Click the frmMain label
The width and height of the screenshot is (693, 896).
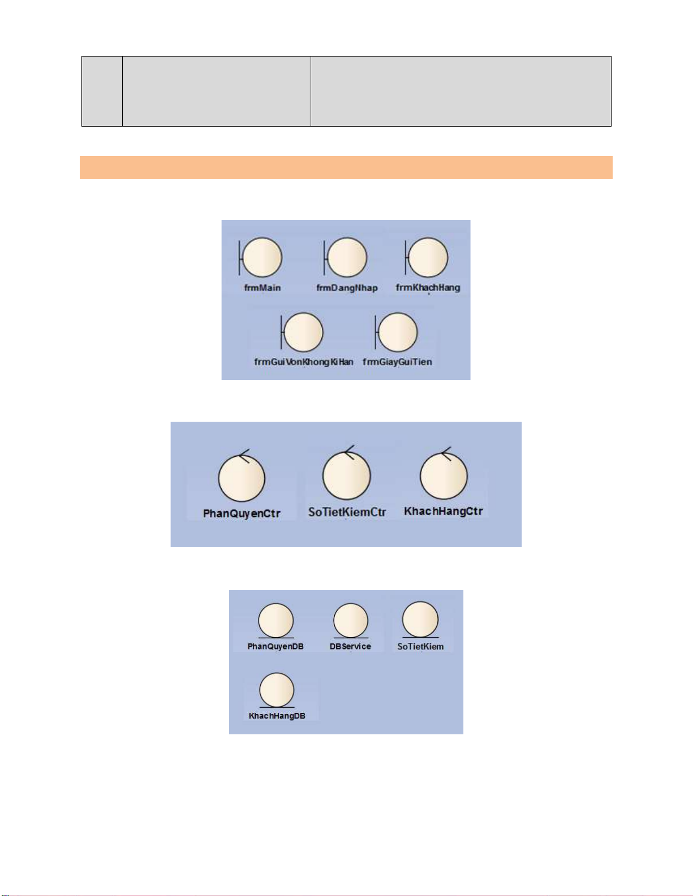point(262,288)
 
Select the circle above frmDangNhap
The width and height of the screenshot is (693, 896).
point(347,258)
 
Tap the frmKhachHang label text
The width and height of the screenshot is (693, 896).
point(428,287)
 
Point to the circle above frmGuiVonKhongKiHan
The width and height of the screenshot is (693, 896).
point(303,332)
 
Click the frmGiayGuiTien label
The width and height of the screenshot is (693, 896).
point(397,362)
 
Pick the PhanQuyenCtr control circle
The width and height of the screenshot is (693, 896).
point(242,479)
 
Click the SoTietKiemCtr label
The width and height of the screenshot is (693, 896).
point(347,512)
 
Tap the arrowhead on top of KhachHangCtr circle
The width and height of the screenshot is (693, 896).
point(445,453)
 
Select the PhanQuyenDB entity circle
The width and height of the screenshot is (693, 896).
point(276,620)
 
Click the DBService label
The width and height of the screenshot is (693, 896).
point(350,646)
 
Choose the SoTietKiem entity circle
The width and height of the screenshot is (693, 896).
point(420,619)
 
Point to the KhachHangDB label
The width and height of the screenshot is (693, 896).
point(277,716)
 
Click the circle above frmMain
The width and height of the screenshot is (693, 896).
point(262,258)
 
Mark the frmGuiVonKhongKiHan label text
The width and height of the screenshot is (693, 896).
point(304,362)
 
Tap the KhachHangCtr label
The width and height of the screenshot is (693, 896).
point(444,511)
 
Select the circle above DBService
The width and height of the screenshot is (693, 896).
point(351,621)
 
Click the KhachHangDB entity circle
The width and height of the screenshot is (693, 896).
point(277,690)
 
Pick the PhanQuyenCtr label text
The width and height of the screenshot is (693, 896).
point(242,513)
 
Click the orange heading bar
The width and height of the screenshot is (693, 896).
point(346,167)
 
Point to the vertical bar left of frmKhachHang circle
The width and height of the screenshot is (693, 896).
point(406,258)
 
